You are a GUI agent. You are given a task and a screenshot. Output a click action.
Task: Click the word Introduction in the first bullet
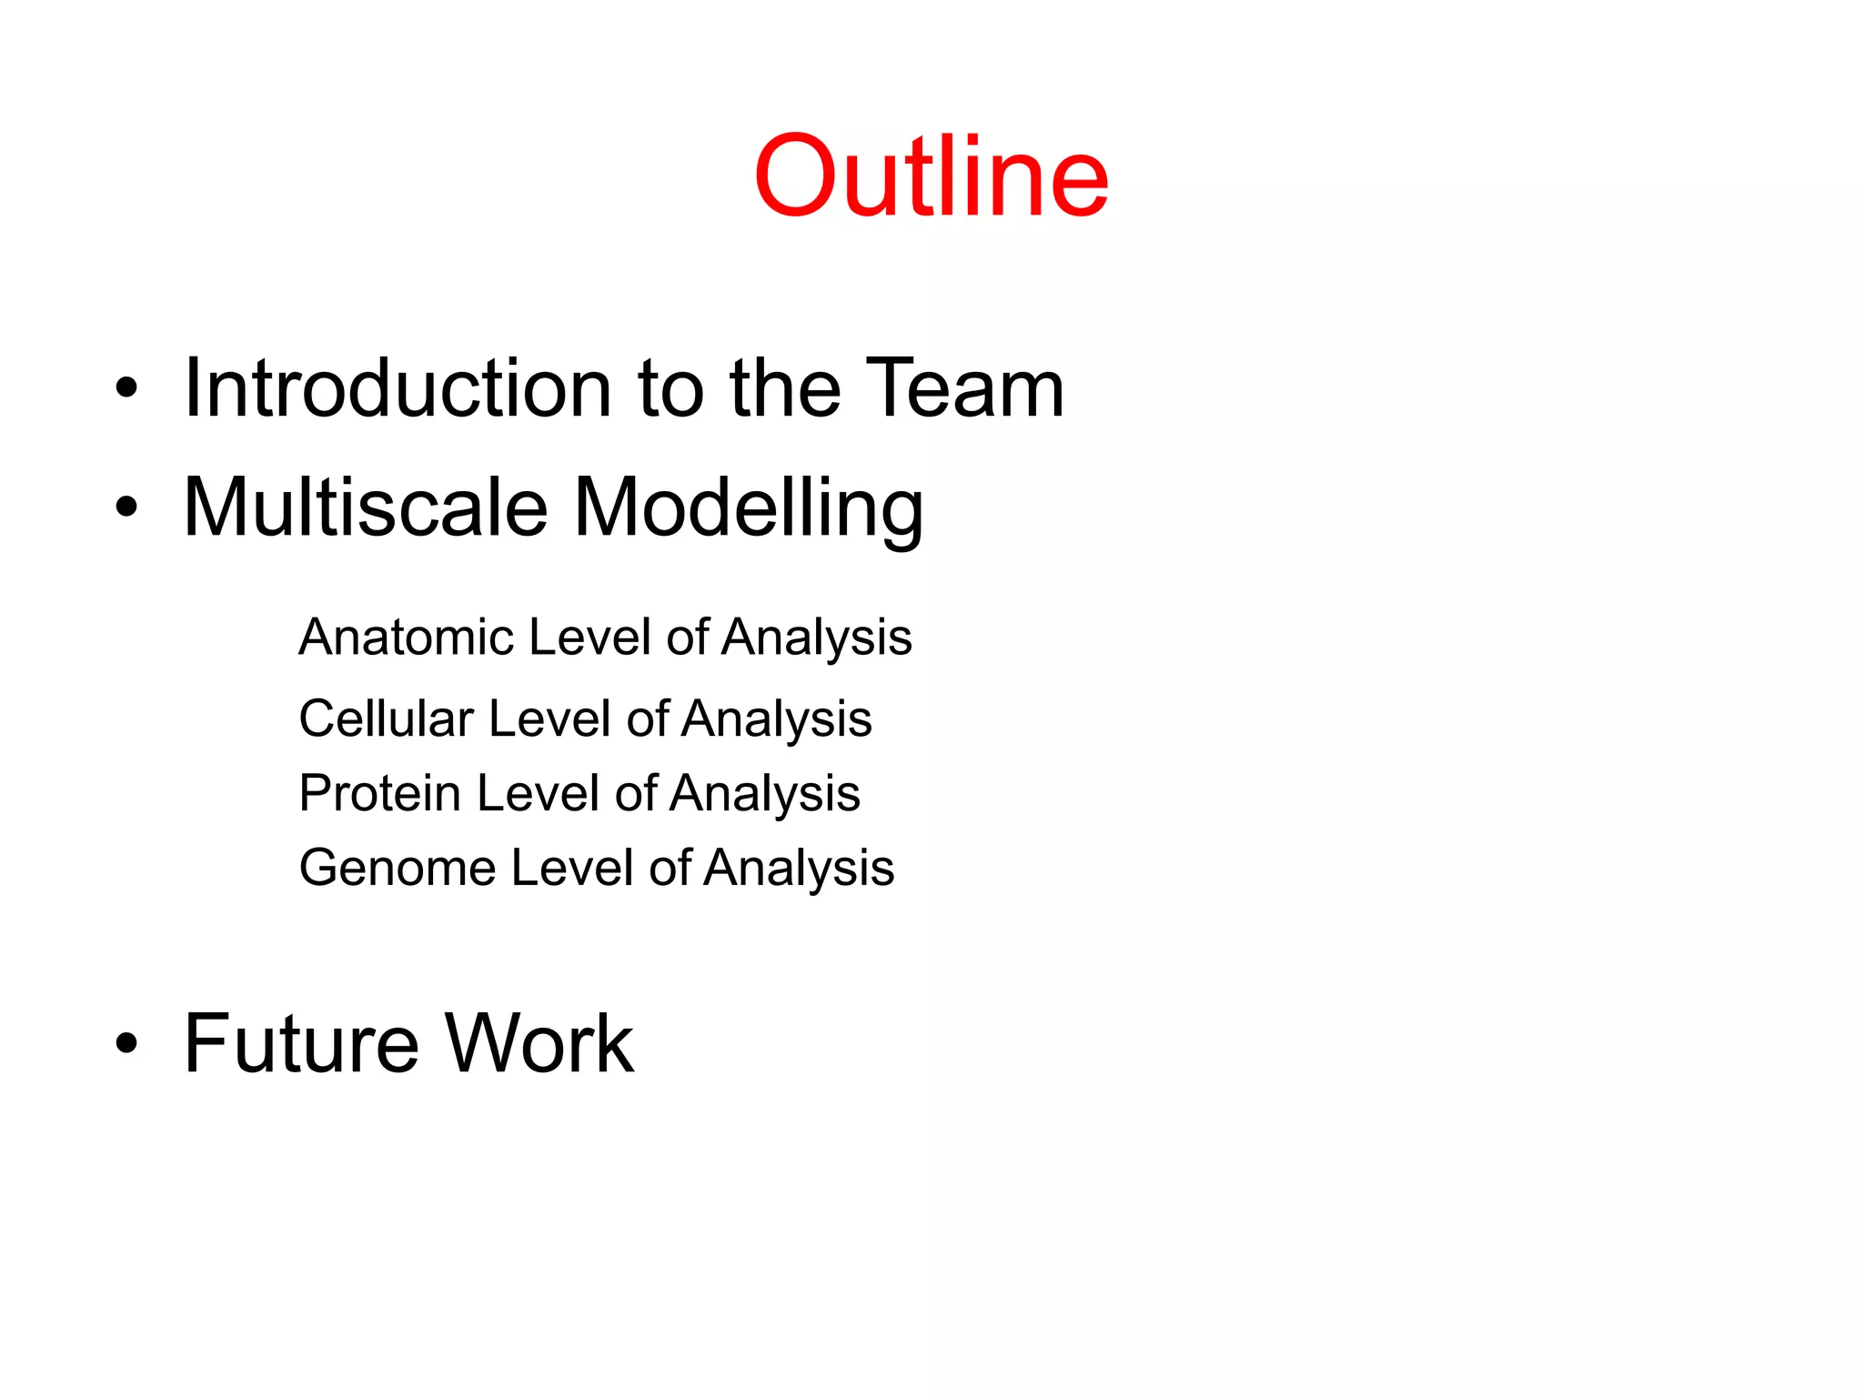398,388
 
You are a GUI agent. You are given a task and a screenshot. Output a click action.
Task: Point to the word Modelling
749,509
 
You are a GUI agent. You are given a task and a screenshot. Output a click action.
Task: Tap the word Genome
397,868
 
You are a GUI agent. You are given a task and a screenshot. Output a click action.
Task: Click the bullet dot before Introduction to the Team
126,389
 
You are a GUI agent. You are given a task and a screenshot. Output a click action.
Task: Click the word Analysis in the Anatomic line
816,638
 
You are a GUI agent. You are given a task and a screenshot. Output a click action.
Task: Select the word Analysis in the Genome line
799,869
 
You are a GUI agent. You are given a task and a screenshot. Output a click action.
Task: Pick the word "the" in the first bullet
784,388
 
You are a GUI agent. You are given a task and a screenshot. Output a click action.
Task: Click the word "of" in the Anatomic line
687,637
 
